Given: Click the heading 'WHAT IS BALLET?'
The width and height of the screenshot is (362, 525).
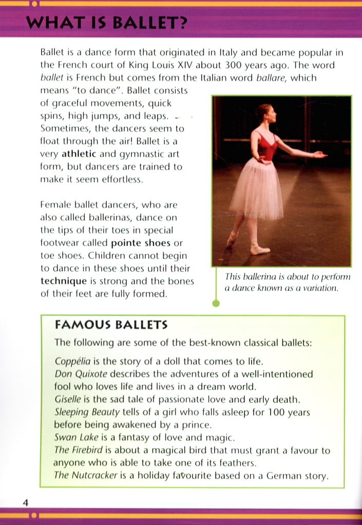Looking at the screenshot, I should (x=106, y=24).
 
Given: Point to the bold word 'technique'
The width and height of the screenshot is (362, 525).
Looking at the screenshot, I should (x=64, y=281).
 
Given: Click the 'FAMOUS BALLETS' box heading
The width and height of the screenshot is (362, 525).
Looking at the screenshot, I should (x=111, y=325).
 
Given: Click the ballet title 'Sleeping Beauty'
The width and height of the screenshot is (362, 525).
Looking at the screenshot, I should (x=87, y=412).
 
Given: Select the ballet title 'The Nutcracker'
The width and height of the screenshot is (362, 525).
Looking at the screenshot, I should (x=86, y=475).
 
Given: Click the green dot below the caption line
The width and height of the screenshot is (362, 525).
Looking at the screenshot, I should (x=216, y=304).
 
